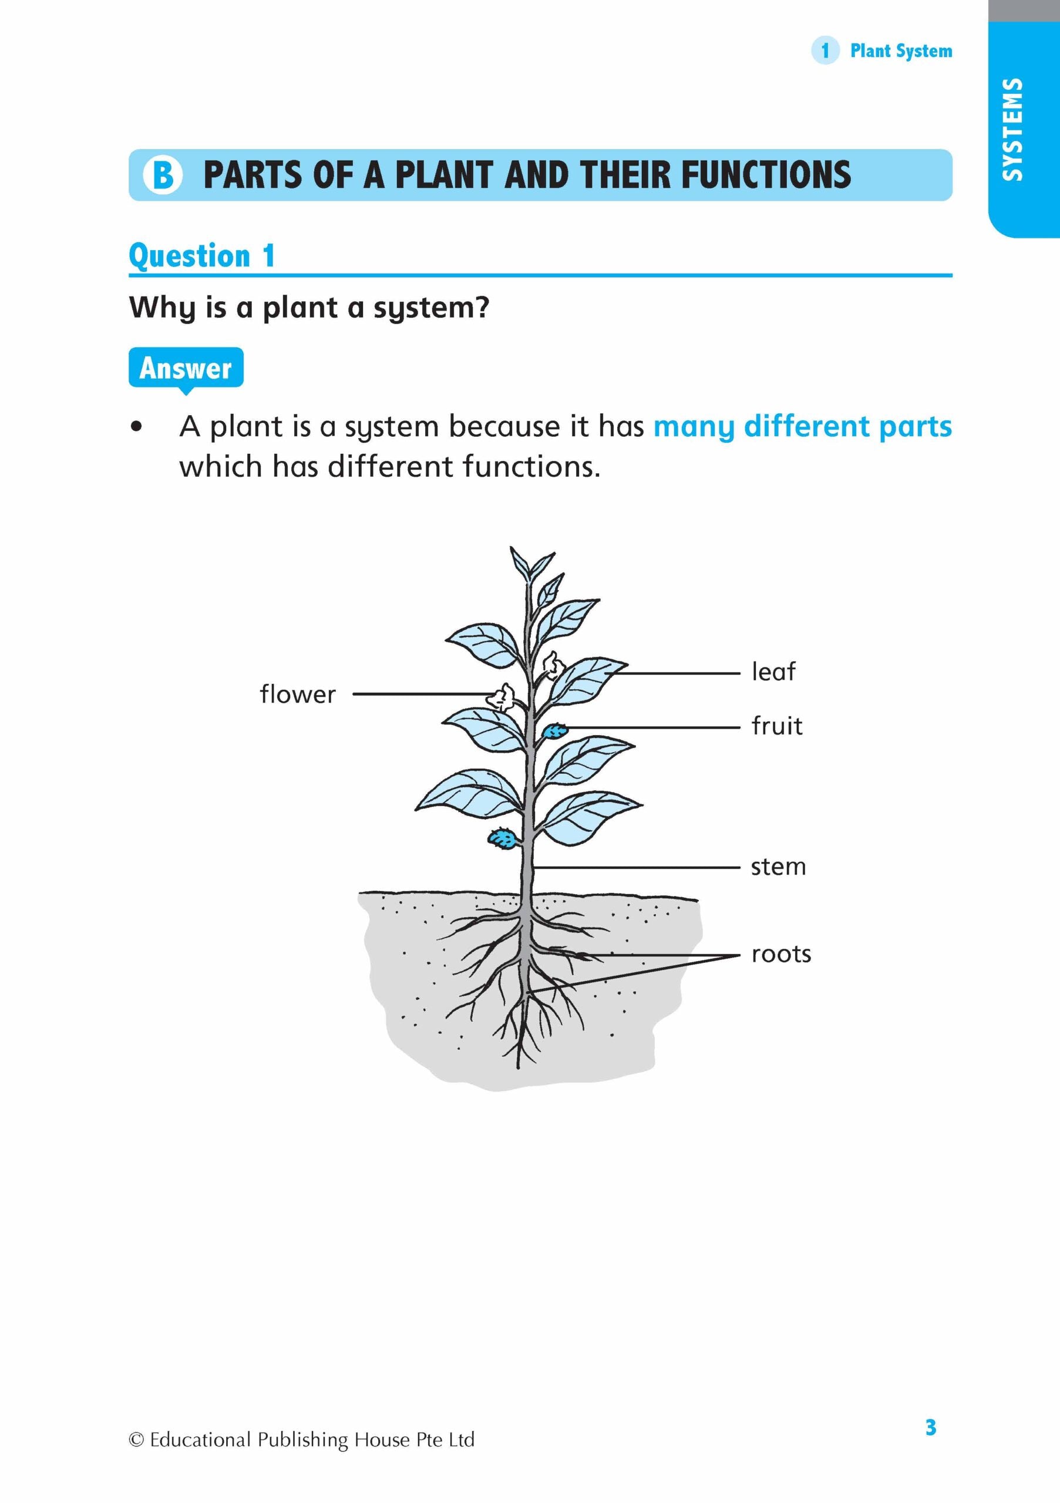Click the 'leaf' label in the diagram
773,672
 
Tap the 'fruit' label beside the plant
776,726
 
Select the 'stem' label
778,867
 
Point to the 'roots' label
781,955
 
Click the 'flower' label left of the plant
297,694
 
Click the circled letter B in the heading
162,175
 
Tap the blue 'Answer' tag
186,368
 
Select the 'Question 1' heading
201,256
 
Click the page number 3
930,1427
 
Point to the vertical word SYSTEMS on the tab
1012,129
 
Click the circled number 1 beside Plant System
825,50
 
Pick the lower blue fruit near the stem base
502,838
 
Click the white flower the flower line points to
502,697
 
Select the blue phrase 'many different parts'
802,427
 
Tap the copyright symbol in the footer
136,1440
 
